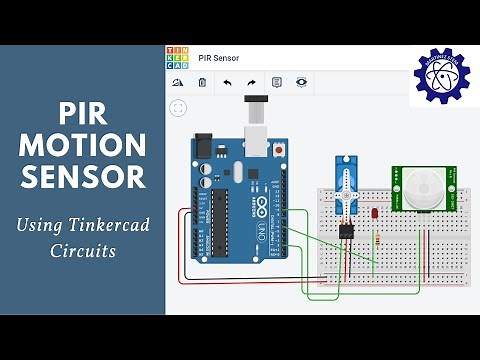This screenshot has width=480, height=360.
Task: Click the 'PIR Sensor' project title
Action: (x=218, y=58)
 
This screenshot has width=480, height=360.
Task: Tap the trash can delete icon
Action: (x=202, y=82)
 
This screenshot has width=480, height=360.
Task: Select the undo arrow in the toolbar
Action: (x=227, y=82)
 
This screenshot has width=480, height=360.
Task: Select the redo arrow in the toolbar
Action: (x=251, y=82)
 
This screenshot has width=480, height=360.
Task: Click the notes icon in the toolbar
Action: (x=277, y=82)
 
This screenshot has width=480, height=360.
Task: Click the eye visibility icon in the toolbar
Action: (x=301, y=82)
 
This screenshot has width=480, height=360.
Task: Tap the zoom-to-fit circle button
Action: (x=178, y=107)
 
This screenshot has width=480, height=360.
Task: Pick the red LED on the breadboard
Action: (x=373, y=213)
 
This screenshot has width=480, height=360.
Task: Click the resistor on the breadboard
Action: (x=376, y=240)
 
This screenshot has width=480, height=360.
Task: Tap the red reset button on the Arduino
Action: (x=279, y=150)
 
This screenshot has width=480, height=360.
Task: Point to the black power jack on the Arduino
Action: (x=207, y=147)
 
